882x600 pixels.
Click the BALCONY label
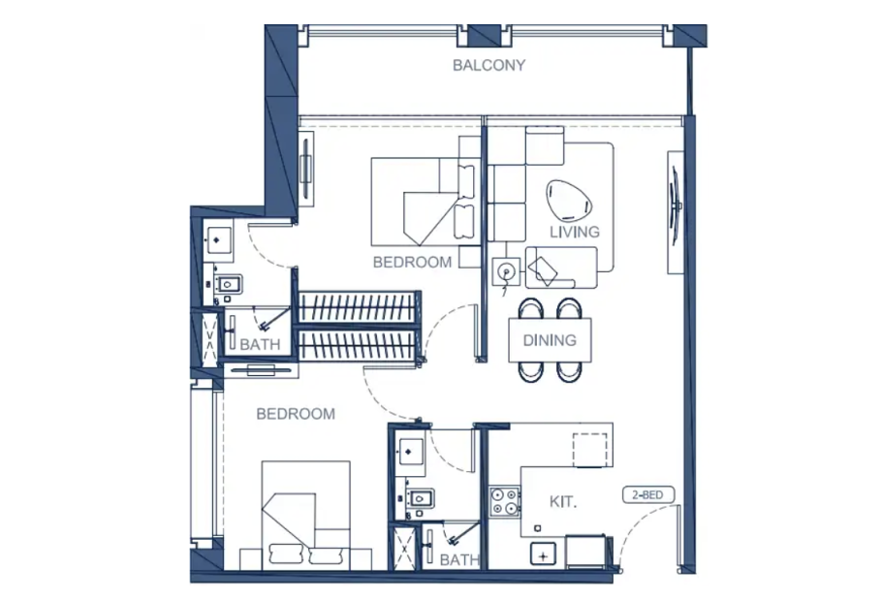488,65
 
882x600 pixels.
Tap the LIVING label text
574,232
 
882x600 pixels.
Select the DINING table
550,339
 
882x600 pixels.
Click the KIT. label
563,501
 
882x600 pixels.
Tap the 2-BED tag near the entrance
648,495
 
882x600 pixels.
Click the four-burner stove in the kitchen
504,501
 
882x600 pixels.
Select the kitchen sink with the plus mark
543,555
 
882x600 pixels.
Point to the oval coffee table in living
569,202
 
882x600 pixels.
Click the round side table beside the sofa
506,271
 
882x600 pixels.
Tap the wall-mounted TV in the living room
675,206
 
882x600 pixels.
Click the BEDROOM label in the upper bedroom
412,262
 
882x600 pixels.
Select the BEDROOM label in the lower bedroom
296,414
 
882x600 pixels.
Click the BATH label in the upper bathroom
260,343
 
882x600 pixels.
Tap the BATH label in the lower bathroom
459,559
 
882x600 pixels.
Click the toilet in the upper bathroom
227,284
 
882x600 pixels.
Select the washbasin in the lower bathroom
409,452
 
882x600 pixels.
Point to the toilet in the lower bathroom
420,498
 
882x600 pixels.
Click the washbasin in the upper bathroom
218,240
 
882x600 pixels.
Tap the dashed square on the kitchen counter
590,450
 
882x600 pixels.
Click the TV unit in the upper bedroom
305,169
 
